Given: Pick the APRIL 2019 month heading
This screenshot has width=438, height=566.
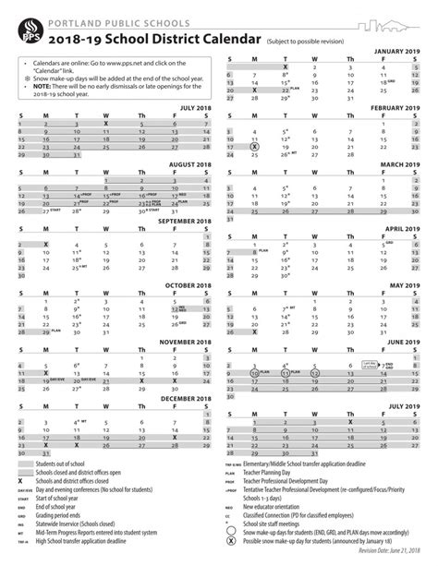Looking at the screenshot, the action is coord(403,227).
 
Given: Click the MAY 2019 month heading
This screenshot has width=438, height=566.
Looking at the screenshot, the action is coord(407,284).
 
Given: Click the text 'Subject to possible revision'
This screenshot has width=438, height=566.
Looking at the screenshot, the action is coord(310,41).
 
